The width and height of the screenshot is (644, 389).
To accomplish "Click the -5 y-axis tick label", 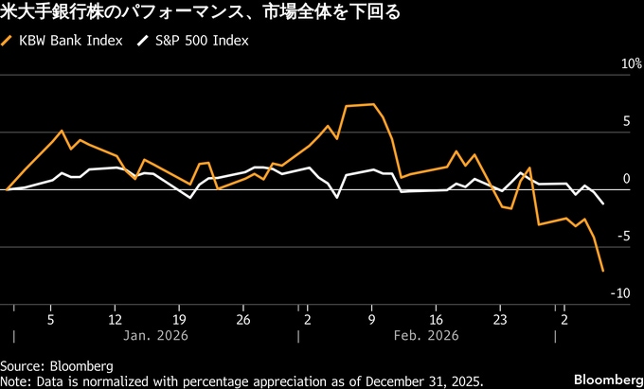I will pyautogui.click(x=621, y=236).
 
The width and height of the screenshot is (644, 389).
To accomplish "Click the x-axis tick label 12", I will pyautogui.click(x=115, y=318).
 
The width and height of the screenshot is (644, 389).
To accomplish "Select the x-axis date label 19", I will pyautogui.click(x=180, y=318).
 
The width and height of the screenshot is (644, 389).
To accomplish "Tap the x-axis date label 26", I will pyautogui.click(x=243, y=318).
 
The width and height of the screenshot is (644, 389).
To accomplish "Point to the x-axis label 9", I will pyautogui.click(x=372, y=318).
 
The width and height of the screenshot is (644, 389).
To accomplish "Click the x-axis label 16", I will pyautogui.click(x=436, y=318).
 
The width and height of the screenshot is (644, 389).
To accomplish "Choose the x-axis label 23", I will pyautogui.click(x=500, y=318).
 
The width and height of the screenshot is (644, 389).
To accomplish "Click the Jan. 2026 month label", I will pyautogui.click(x=156, y=336).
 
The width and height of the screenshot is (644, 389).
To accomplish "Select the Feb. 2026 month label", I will pyautogui.click(x=427, y=336).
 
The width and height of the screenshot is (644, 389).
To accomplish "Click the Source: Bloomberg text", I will pyautogui.click(x=57, y=365).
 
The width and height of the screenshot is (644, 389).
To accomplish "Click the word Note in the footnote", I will pyautogui.click(x=14, y=380).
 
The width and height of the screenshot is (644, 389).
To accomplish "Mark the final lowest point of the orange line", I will pyautogui.click(x=602, y=272).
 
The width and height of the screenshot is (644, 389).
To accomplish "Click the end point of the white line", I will pyautogui.click(x=603, y=203).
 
